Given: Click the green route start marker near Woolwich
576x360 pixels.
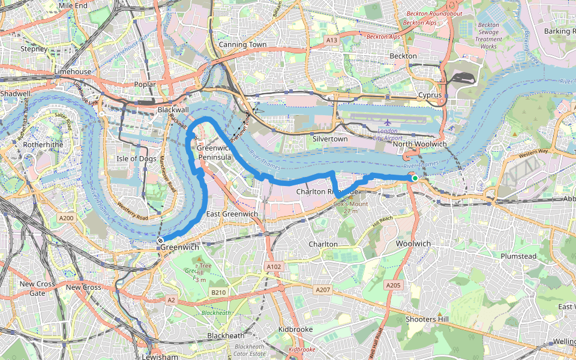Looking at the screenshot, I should click(414, 178).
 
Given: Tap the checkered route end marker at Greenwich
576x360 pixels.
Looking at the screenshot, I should click(160, 241).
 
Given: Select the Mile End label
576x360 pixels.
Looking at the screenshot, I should click(73, 5).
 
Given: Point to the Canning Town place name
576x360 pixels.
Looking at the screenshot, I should click(242, 44).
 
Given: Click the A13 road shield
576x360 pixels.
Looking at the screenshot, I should click(332, 40).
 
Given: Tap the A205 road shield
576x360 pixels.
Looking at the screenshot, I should click(393, 285).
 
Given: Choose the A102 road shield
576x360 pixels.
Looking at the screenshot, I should click(274, 266).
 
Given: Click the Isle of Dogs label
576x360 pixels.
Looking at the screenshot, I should click(136, 158).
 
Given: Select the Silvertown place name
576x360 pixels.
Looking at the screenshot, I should click(330, 139).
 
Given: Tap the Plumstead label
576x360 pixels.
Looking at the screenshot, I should click(518, 256).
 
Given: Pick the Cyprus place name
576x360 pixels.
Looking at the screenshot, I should click(430, 95).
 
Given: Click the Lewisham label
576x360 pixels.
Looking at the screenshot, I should click(161, 356).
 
